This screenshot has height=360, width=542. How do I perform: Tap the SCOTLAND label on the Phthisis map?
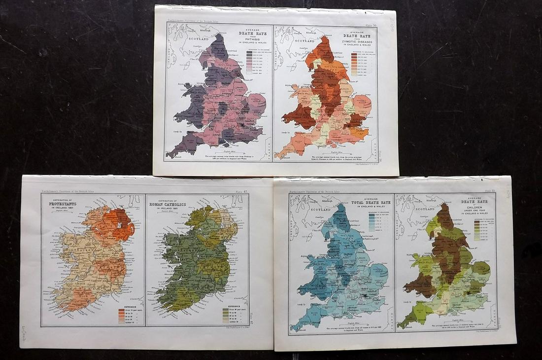185,41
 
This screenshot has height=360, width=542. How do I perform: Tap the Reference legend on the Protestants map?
126,315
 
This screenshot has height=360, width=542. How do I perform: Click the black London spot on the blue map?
364,294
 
